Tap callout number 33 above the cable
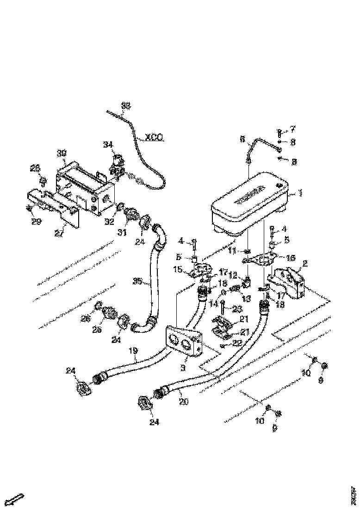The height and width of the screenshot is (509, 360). [125, 106]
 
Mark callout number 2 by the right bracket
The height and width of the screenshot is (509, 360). [305, 264]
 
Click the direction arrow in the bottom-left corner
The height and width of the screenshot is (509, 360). [17, 498]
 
